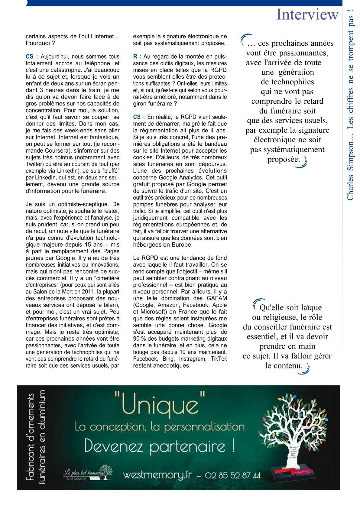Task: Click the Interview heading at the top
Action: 307,15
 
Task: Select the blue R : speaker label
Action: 137,57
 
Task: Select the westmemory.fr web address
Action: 157,475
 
